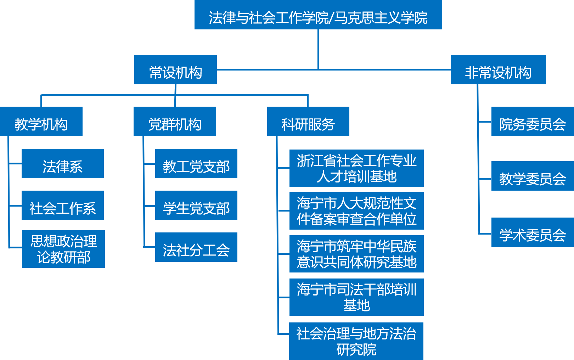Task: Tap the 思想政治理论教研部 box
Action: [63, 249]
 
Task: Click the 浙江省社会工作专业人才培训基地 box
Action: [356, 168]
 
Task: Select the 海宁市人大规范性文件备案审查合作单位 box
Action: [356, 211]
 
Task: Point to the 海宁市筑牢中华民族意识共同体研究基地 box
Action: [356, 254]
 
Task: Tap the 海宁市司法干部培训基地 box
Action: [356, 297]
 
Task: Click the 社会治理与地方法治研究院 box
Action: [356, 341]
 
